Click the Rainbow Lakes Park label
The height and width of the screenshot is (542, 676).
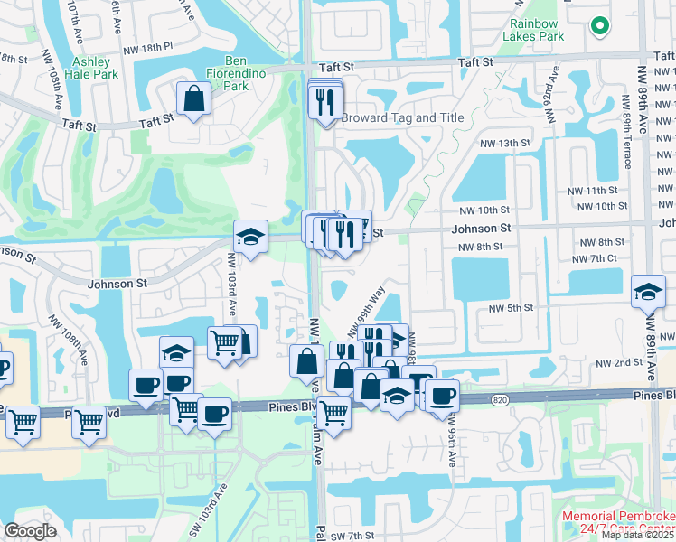(x=536, y=29)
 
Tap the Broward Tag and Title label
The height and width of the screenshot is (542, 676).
(x=402, y=117)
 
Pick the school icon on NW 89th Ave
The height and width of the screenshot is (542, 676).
(x=647, y=292)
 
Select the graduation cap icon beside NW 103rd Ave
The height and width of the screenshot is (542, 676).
(x=250, y=238)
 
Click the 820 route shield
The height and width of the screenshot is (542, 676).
(x=500, y=399)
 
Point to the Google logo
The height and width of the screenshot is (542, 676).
(x=30, y=531)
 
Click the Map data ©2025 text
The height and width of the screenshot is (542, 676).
(x=638, y=535)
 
